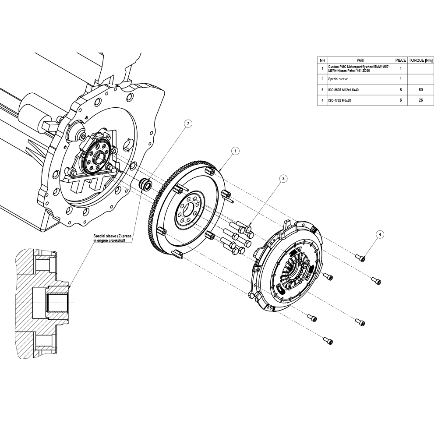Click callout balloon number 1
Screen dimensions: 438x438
(235, 151)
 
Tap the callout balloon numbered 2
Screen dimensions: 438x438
(188, 124)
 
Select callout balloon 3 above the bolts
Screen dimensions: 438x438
(283, 178)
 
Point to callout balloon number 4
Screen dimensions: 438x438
(380, 235)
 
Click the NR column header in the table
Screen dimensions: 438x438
(322, 60)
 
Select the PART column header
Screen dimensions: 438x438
(361, 60)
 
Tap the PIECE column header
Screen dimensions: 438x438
(401, 60)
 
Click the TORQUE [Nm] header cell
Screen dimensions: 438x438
(420, 60)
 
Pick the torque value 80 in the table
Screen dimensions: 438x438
(420, 90)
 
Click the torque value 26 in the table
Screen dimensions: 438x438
(420, 101)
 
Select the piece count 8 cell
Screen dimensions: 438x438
(401, 90)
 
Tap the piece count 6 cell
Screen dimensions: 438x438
(401, 101)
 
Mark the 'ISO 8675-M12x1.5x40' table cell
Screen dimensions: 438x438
(343, 90)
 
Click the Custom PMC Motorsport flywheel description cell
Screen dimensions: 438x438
(358, 68)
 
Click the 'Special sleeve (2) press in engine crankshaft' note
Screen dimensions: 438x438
(113, 238)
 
